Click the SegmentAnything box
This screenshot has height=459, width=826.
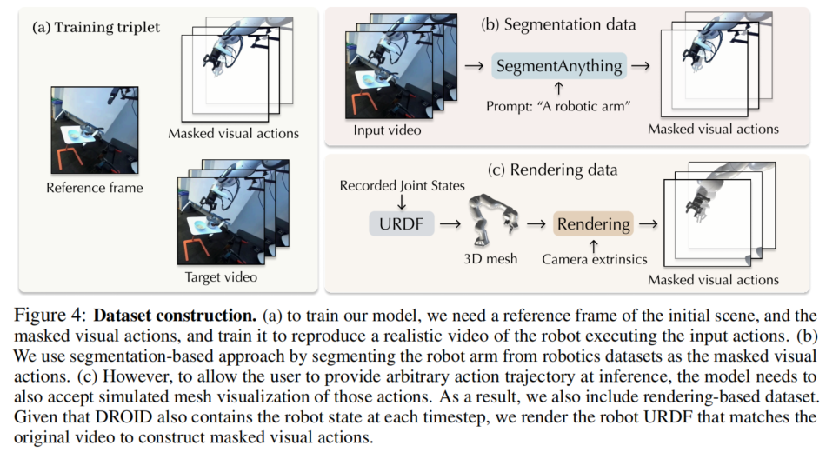coord(559,66)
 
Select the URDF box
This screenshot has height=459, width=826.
coord(402,223)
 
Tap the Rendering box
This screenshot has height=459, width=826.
coord(593,223)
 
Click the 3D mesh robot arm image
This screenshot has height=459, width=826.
coord(492,220)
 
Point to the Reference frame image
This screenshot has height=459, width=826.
coord(95,130)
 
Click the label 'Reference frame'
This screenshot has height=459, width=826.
coord(95,188)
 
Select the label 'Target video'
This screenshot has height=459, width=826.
coord(221,277)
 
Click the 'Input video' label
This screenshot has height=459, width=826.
coord(387,130)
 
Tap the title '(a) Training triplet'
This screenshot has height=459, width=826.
coord(96,28)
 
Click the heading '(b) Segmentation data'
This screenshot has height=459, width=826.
coord(558,24)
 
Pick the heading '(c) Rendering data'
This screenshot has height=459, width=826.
coord(552,170)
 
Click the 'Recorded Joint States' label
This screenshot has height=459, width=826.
coord(403,185)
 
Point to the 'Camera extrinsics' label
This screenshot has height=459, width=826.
coord(595,259)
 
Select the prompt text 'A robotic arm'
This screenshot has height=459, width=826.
coord(584,106)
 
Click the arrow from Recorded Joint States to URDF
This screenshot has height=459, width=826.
coord(402,202)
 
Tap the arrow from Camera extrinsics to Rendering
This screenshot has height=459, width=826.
coord(594,246)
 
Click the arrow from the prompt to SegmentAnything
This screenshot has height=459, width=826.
coord(559,88)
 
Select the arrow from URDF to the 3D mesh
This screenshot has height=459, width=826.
coord(450,224)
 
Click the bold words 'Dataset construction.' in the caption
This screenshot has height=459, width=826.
coord(175,316)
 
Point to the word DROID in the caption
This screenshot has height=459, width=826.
coord(123,417)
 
